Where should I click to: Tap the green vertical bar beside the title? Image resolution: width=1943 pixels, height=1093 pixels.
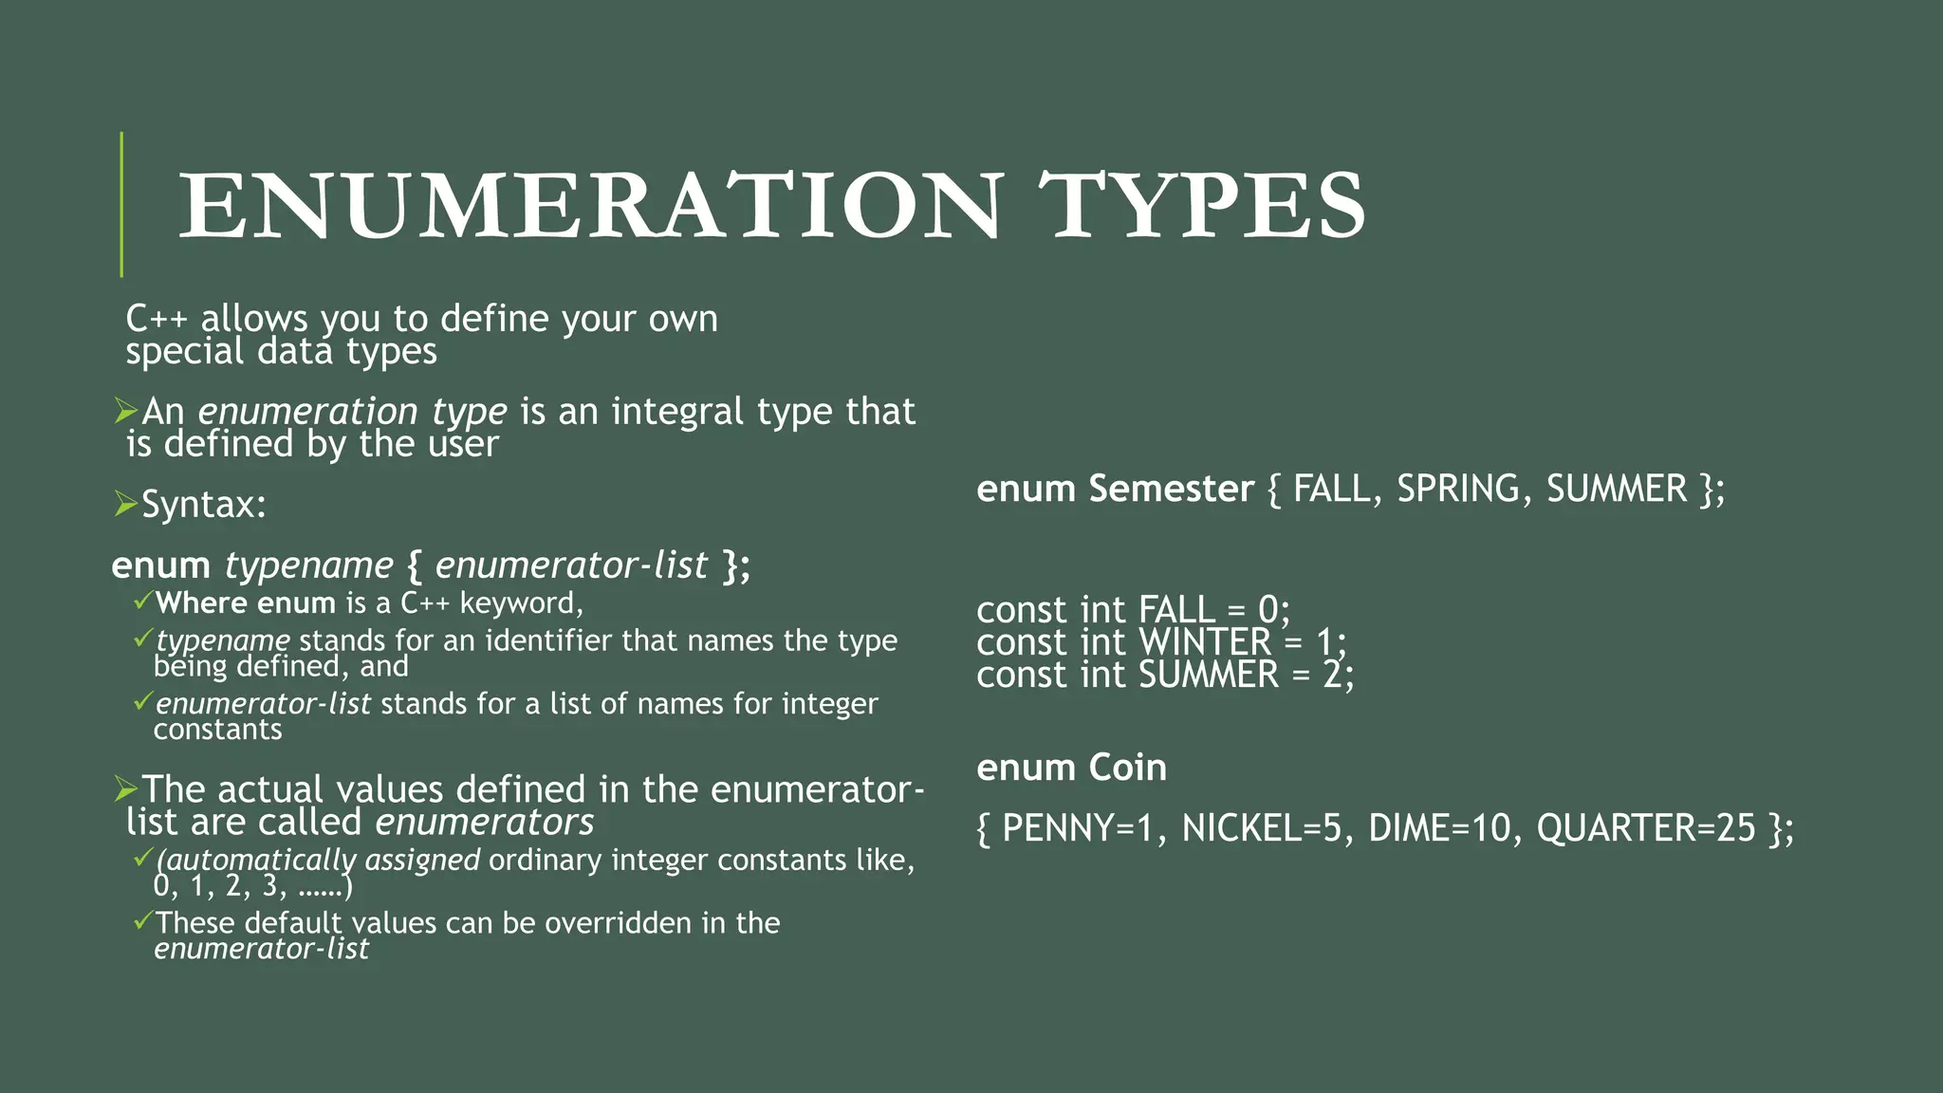[121, 204]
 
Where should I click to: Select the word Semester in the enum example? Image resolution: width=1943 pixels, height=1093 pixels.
[1172, 489]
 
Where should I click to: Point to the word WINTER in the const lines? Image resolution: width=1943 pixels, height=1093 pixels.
[1204, 642]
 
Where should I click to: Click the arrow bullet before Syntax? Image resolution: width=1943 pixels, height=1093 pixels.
[125, 503]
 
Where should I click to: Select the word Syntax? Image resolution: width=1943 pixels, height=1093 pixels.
[204, 505]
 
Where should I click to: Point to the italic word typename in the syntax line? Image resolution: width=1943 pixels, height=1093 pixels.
[308, 565]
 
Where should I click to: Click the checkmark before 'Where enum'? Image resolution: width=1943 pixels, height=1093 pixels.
[142, 601]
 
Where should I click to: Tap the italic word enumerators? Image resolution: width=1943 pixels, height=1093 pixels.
[485, 823]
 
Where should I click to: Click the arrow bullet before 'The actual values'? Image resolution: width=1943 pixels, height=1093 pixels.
[125, 787]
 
